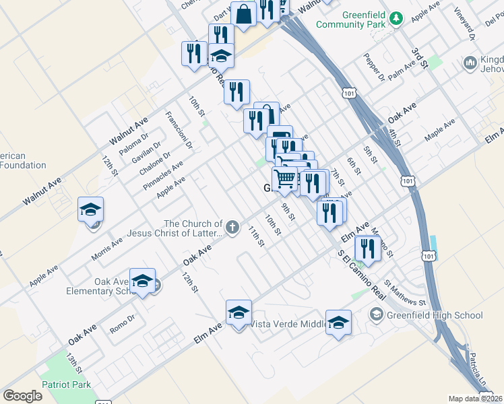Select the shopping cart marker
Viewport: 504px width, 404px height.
(285, 179)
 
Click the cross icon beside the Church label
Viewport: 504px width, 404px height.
(232, 227)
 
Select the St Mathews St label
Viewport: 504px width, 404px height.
(405, 293)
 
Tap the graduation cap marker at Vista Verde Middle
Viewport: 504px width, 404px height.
(239, 313)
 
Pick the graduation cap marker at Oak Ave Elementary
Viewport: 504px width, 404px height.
(142, 281)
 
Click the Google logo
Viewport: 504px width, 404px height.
(22, 396)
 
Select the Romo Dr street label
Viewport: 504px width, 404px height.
(123, 325)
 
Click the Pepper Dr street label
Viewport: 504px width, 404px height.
(374, 68)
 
